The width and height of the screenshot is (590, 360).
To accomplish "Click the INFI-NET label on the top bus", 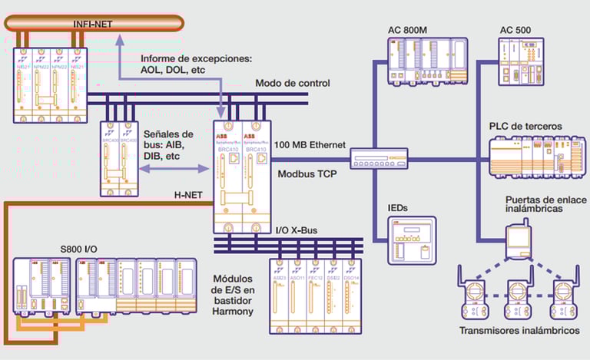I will coord(93,24).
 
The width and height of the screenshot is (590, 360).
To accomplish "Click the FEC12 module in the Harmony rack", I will coord(315,296).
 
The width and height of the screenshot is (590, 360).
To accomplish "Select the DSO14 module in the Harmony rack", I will coord(353,296).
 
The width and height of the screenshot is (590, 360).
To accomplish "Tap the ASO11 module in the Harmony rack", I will coord(296,296).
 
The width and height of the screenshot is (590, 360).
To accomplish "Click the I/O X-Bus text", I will coord(295,230).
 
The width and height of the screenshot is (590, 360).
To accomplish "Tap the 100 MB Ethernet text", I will coord(310,145).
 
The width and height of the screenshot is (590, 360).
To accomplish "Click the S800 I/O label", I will coord(79,249).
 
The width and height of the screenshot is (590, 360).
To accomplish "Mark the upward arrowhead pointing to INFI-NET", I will coord(119,41).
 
